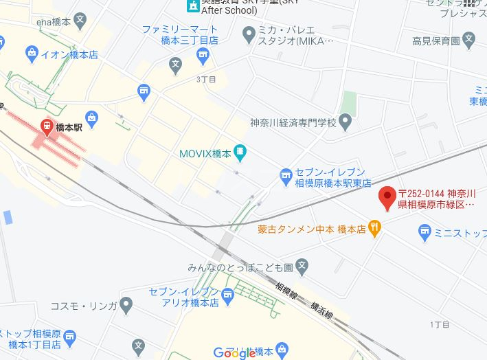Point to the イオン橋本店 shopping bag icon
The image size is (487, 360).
[32, 52]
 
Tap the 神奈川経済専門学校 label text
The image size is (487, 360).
[293, 124]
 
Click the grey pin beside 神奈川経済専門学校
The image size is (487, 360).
[346, 124]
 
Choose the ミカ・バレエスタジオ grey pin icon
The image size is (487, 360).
[248, 33]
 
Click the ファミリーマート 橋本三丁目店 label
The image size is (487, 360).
[180, 35]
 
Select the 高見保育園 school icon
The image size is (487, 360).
[468, 38]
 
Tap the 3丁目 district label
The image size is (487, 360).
[205, 80]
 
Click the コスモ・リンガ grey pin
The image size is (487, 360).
[126, 303]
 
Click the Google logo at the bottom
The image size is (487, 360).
[235, 353]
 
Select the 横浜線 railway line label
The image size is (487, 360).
[321, 308]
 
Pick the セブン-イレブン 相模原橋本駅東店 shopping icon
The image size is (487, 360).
[286, 177]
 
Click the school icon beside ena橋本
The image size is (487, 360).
[80, 21]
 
